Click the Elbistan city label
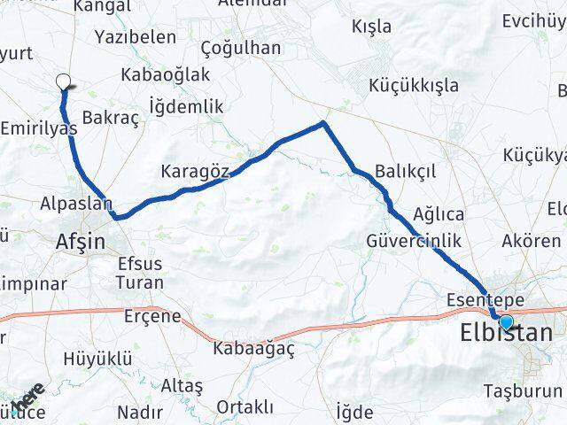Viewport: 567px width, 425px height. tap(507, 334)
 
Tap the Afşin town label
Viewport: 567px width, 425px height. tap(80, 240)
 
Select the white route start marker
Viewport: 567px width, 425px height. tap(63, 82)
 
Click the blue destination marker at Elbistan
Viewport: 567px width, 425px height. tap(506, 322)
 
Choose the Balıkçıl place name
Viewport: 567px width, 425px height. tap(406, 171)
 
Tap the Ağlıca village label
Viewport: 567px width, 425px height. tap(439, 214)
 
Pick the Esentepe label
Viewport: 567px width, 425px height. tap(486, 299)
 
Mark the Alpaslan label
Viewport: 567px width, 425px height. tap(75, 205)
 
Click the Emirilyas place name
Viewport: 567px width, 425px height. tap(39, 129)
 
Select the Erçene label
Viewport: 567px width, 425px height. tap(152, 316)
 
